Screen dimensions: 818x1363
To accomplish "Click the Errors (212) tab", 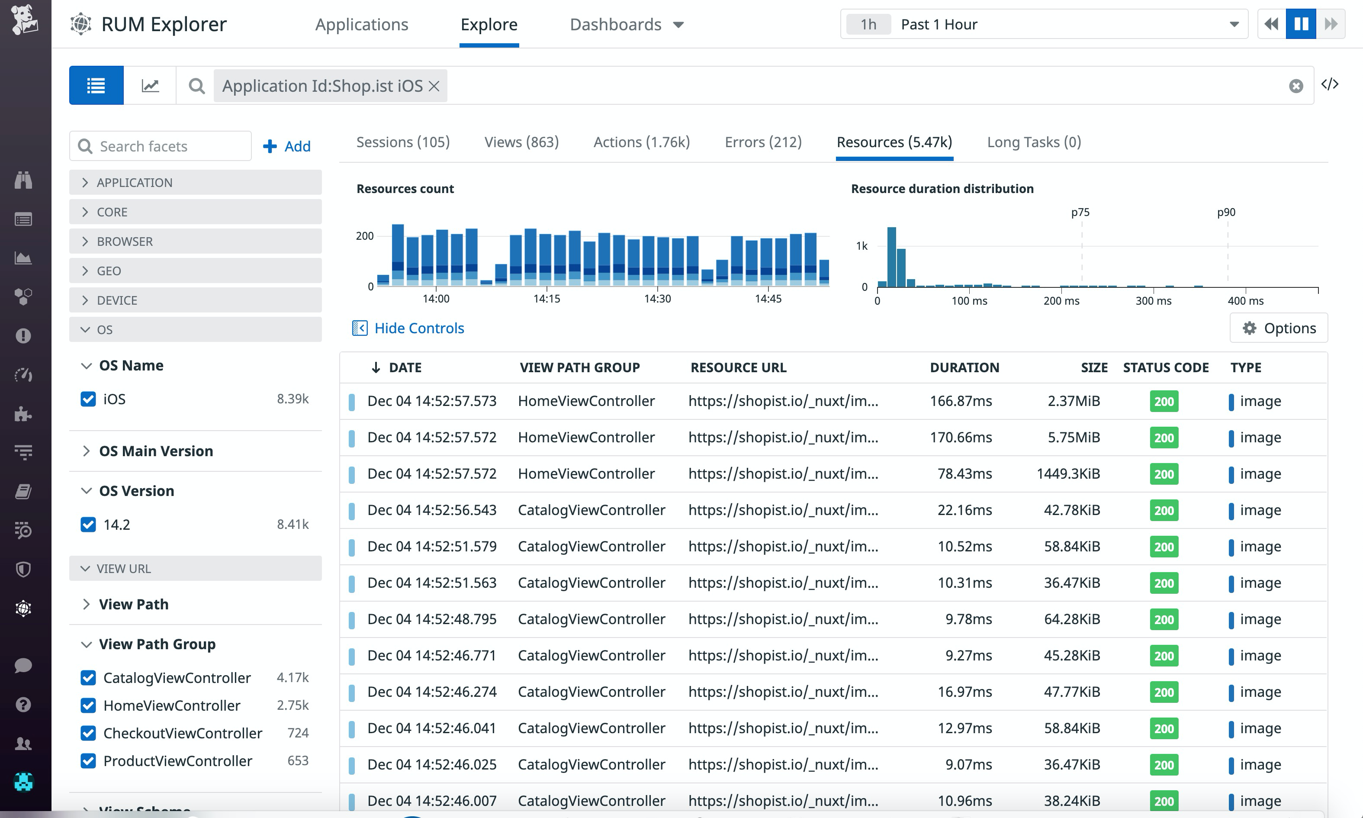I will point(763,142).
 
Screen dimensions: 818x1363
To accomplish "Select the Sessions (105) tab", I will point(403,142).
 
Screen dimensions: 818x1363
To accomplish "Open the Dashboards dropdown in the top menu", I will point(627,24).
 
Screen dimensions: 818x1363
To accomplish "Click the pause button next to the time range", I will point(1301,24).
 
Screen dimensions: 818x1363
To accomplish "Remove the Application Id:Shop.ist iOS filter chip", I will point(434,86).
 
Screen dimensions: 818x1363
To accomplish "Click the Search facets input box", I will point(171,146).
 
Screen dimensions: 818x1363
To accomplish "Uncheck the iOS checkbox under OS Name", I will point(88,399).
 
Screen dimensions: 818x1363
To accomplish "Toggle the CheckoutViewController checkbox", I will point(88,733).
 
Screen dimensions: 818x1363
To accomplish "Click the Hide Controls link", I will point(419,328).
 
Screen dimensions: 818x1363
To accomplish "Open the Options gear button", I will point(1279,328).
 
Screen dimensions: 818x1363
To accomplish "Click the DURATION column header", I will point(964,367).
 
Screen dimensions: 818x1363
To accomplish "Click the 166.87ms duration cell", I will point(961,401).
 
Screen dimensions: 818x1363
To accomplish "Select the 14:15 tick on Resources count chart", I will point(546,298).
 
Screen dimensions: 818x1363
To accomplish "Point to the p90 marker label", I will point(1226,212).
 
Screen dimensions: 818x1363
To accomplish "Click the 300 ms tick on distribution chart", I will point(1153,300).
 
